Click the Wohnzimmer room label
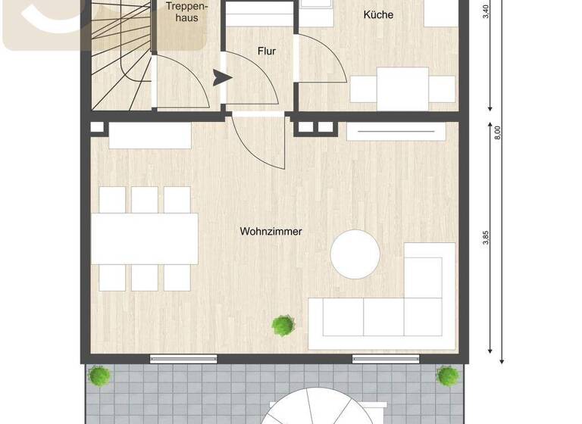point(271,231)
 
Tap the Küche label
point(378,14)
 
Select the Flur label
point(266,51)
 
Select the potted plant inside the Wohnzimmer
point(283,326)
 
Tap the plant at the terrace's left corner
point(98,376)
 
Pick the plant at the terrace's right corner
point(447,376)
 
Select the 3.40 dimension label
point(485,11)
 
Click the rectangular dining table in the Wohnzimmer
point(144,238)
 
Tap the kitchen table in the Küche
point(402,89)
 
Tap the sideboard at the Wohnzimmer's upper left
point(150,136)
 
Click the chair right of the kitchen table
point(442,89)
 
